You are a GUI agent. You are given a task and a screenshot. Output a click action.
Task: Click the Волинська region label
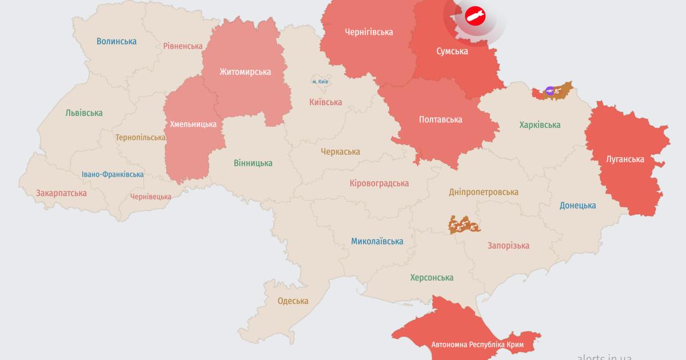(117, 41)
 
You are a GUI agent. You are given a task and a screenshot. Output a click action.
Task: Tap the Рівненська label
(183, 46)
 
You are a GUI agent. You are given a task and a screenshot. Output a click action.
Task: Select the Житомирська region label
(245, 72)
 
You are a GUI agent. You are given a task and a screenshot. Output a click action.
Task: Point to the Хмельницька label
(193, 124)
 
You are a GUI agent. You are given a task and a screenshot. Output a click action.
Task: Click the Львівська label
(84, 113)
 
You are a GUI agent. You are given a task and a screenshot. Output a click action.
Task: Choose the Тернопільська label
(141, 137)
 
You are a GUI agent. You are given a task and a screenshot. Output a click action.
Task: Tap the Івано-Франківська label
(113, 174)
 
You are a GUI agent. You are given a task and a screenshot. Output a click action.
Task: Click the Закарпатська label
(61, 193)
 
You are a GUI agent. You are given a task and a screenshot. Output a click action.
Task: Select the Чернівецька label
(151, 197)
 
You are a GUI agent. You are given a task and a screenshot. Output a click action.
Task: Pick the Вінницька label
(253, 163)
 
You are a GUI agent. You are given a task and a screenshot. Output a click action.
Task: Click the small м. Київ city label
(320, 82)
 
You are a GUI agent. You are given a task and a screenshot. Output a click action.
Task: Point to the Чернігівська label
(369, 32)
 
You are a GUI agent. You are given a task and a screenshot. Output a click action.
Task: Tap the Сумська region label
(452, 51)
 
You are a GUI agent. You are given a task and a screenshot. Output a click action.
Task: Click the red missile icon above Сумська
(474, 16)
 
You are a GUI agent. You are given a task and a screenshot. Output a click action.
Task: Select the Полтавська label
(440, 119)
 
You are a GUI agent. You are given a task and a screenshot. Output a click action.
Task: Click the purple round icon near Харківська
(549, 90)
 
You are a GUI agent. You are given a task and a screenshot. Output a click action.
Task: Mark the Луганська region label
(625, 159)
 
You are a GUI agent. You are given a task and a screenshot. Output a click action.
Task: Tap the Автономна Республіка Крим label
(477, 345)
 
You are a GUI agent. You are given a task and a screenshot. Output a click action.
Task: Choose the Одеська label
(293, 301)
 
